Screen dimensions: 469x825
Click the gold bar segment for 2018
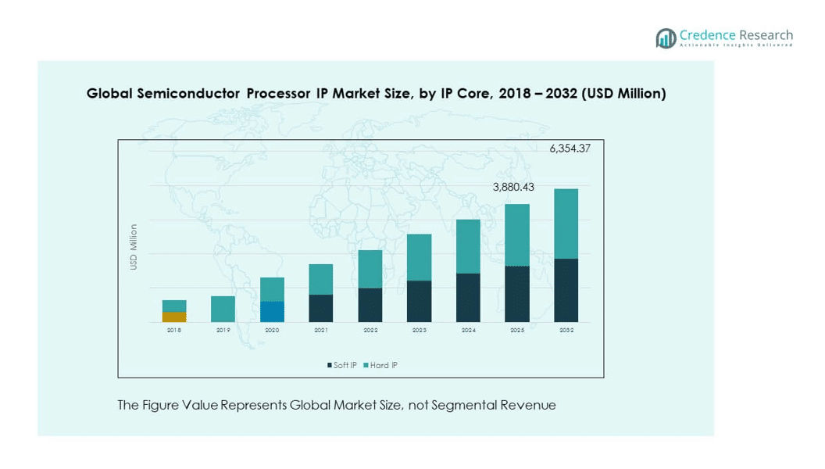[174, 317]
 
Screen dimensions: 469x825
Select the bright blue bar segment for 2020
[272, 312]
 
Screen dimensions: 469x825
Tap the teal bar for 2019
[223, 309]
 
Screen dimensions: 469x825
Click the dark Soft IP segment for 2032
[566, 290]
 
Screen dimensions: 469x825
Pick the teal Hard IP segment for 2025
[516, 234]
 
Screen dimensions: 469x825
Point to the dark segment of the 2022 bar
[370, 305]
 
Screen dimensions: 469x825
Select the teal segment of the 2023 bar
[419, 257]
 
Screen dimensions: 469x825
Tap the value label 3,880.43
[513, 187]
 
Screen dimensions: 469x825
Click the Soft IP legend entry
[342, 365]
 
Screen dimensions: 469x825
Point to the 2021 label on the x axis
[321, 331]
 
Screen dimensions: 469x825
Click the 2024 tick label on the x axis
[468, 331]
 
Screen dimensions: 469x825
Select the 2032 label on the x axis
[566, 331]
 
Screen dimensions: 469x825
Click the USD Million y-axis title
[134, 247]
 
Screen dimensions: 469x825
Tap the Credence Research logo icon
[666, 38]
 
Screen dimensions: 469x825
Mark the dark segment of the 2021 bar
[321, 308]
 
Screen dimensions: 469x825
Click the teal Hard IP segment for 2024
[468, 246]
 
